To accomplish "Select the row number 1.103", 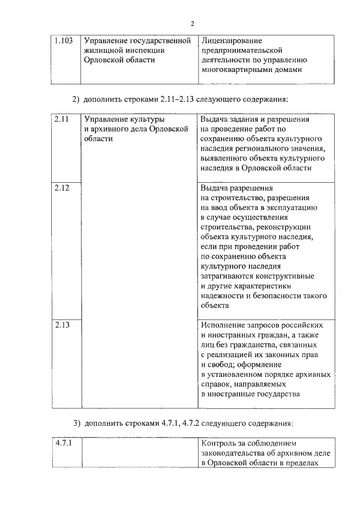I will (64, 41).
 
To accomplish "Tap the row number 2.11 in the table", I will (62, 120).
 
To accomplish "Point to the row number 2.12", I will (62, 188).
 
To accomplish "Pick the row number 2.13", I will (62, 326).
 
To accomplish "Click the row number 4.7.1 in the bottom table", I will (64, 443).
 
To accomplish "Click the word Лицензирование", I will (231, 41).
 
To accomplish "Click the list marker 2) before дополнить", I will (76, 100).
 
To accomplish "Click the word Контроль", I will (219, 443).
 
